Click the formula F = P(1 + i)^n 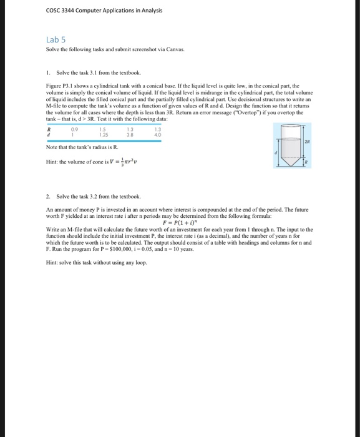click(180, 222)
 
